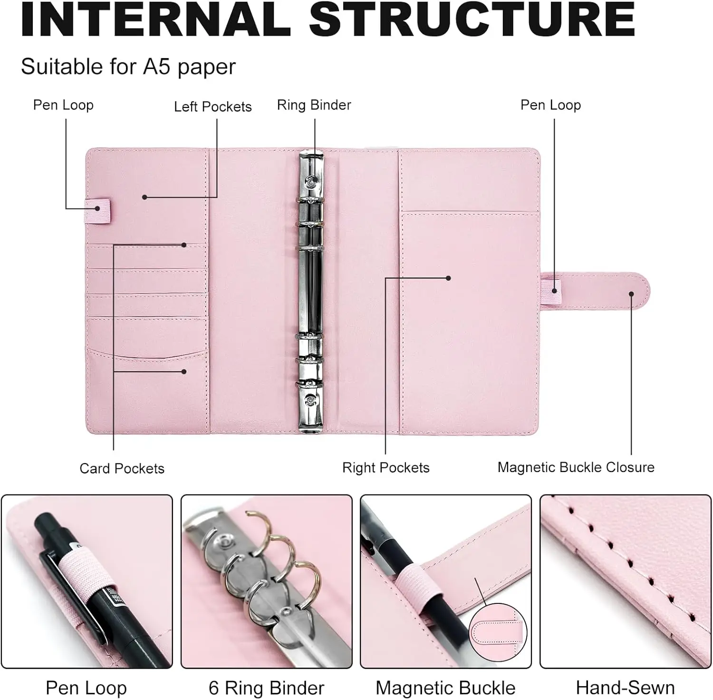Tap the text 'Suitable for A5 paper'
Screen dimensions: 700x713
point(128,67)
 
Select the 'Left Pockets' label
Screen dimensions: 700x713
point(212,107)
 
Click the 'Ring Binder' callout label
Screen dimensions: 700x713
point(314,105)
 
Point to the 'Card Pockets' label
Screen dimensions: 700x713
point(122,469)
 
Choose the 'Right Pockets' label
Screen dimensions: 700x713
point(385,468)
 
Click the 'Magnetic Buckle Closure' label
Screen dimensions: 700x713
point(576,467)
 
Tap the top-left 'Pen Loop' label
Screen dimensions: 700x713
point(63,105)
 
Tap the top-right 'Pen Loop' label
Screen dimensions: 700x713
point(550,105)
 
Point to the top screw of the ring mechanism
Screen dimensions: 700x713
point(311,181)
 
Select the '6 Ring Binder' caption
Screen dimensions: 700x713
point(266,688)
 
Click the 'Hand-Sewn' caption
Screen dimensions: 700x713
point(625,688)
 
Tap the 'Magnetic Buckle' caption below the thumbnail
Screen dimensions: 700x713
point(445,688)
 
